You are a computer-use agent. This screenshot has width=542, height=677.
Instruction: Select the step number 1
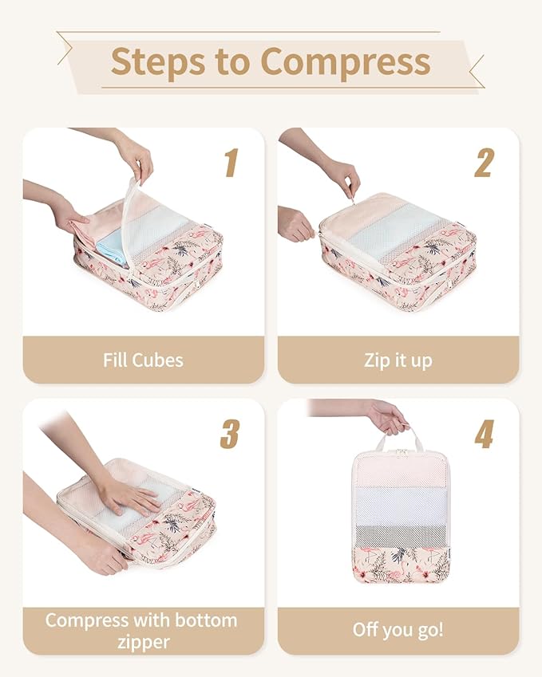click(231, 163)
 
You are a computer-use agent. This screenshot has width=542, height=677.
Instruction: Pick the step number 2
click(485, 163)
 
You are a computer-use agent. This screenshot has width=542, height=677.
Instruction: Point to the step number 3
click(230, 434)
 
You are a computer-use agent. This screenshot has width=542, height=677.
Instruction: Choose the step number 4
click(485, 434)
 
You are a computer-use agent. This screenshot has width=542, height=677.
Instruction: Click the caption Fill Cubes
click(143, 360)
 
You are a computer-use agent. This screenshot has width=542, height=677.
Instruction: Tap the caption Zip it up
click(398, 360)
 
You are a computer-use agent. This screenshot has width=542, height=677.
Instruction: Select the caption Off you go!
click(398, 630)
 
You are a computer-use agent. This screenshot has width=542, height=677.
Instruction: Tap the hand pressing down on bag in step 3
click(128, 495)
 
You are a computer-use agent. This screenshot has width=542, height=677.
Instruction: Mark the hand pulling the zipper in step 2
click(343, 175)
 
